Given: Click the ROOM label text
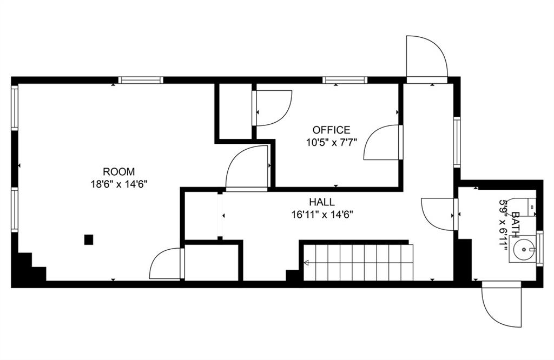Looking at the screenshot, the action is (x=118, y=172).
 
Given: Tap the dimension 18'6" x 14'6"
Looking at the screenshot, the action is (x=118, y=184).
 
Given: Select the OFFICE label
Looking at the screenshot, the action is (x=332, y=130).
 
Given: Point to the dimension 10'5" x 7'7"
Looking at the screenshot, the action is (x=332, y=143).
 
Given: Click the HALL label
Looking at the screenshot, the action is (x=322, y=202).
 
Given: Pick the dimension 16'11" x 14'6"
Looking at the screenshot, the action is (x=322, y=215).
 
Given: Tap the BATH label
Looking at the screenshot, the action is (x=516, y=224).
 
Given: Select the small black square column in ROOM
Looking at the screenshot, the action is (x=89, y=239).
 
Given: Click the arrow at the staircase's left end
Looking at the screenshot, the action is (x=307, y=263).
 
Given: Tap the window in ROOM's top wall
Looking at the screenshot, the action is (x=141, y=80).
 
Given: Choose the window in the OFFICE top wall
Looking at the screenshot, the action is (x=345, y=80).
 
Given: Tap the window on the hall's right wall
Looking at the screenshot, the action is (x=457, y=142).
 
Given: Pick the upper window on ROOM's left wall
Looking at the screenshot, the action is (x=15, y=108).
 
